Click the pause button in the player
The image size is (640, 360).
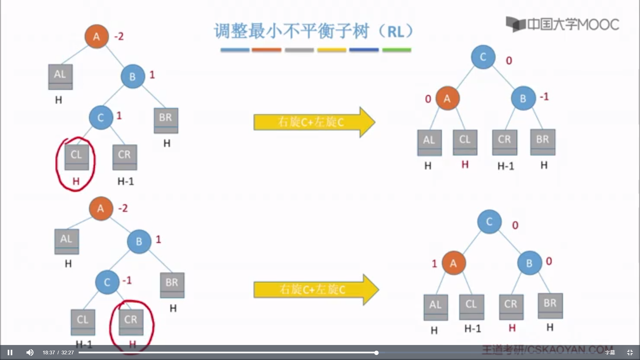click(x=10, y=352)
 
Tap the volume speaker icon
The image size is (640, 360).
click(x=30, y=352)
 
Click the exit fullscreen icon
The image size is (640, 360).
click(x=630, y=352)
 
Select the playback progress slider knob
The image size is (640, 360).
click(x=376, y=353)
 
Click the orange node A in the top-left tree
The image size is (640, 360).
click(x=97, y=36)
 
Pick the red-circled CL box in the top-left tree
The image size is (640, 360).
click(x=77, y=157)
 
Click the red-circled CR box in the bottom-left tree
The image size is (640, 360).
click(x=131, y=322)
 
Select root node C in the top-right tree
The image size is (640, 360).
click(x=483, y=57)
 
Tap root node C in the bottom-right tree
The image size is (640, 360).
click(x=489, y=222)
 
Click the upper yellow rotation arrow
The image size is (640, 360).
click(x=313, y=122)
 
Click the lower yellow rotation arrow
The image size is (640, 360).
click(x=315, y=289)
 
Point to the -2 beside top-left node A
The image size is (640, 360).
click(x=119, y=36)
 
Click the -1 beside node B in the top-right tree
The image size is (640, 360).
click(x=544, y=97)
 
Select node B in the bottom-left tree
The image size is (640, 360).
click(x=139, y=241)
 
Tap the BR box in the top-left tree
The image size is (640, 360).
click(x=166, y=120)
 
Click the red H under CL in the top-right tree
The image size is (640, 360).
click(x=465, y=164)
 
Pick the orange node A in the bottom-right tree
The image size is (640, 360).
click(x=453, y=263)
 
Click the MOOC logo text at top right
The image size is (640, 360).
click(x=573, y=24)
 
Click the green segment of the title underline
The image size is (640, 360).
click(x=396, y=50)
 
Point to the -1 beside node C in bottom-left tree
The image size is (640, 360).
click(x=127, y=280)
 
